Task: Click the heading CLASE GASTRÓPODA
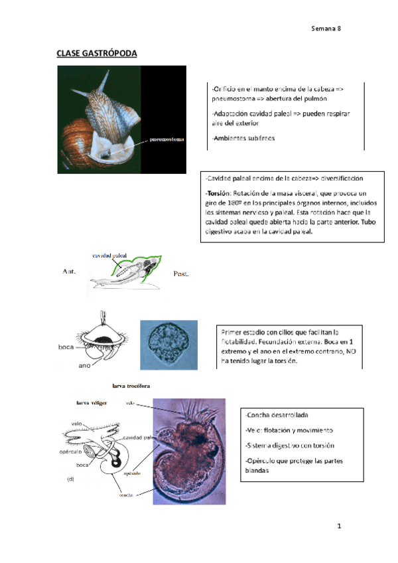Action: click(96, 52)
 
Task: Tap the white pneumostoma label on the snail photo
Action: click(166, 139)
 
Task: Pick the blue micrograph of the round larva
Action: click(169, 344)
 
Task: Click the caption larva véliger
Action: click(92, 402)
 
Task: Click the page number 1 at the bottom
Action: click(338, 526)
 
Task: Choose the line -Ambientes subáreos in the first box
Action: click(243, 138)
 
